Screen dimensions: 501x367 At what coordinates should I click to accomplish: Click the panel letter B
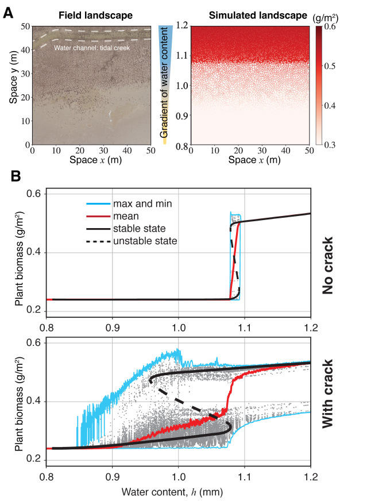coord(17,174)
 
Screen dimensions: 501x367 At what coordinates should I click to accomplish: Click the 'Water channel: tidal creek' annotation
coord(92,48)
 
